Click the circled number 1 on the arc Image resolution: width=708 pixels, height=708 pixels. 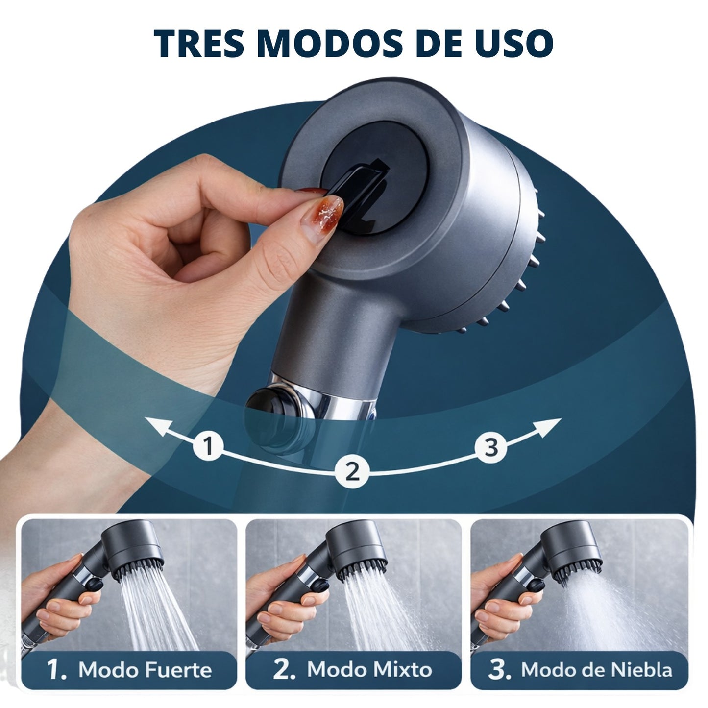tap(208, 446)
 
